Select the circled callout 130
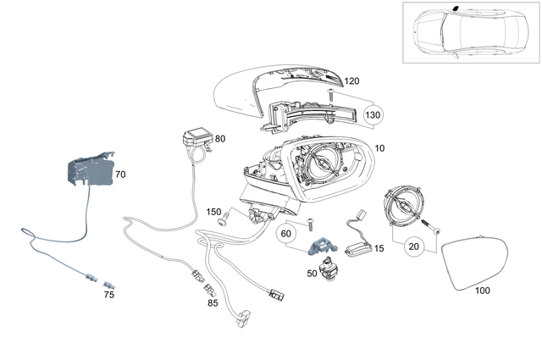click(x=373, y=114)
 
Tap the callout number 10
click(x=379, y=148)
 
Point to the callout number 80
click(x=220, y=138)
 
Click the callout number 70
click(x=120, y=174)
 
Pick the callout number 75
click(x=108, y=295)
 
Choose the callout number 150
click(x=214, y=211)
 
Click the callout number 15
click(x=379, y=248)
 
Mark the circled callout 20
click(x=414, y=246)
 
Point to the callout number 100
click(x=482, y=291)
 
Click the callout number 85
click(x=213, y=302)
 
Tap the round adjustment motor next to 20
click(x=403, y=207)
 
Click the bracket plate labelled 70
click(x=88, y=174)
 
